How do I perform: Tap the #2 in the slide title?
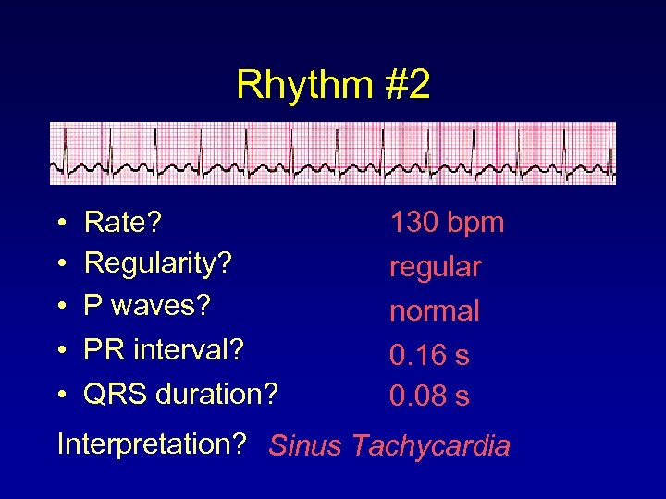[405, 84]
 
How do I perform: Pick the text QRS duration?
[180, 394]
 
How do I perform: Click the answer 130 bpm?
[447, 222]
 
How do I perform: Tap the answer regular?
[435, 268]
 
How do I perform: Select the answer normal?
[434, 310]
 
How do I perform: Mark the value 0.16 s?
[429, 354]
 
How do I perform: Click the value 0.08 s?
[429, 396]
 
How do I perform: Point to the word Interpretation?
[151, 444]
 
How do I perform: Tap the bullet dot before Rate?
[60, 224]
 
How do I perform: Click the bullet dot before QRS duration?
[60, 396]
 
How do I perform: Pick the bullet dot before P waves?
[60, 305]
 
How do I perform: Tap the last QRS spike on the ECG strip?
[606, 148]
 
